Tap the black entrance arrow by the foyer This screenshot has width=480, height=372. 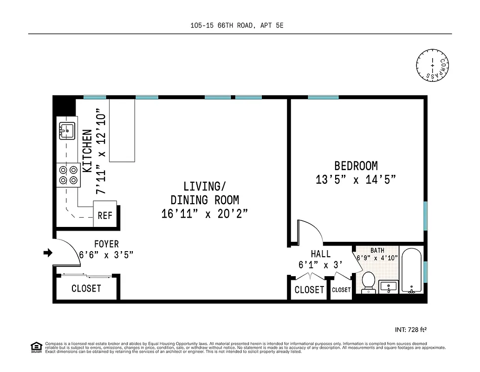coord(48,252)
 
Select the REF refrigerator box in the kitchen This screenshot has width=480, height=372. coord(104,215)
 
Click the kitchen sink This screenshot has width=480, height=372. coord(67,131)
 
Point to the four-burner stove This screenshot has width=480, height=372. coord(67,175)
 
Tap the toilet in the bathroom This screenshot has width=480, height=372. coord(368,282)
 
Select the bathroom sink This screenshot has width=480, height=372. coord(388,286)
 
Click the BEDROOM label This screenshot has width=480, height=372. coord(356,166)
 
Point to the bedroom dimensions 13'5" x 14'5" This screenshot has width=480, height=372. coord(356,179)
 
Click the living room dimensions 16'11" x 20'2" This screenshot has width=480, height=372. coord(204,214)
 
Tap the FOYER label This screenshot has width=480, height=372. coord(106,244)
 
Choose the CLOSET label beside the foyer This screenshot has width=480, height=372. coord(86,288)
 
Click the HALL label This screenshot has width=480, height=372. coord(321,254)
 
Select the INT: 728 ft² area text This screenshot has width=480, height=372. coord(410,330)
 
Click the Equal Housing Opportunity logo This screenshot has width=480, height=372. coord(36,347)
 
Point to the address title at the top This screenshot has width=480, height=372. coord(237,26)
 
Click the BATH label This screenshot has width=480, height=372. coord(377,251)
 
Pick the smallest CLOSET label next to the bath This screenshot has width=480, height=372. coord(341,290)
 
